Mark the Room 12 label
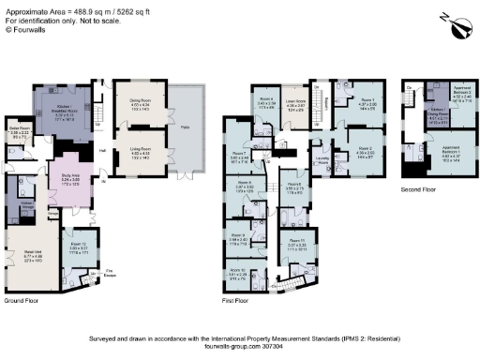[83, 247]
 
